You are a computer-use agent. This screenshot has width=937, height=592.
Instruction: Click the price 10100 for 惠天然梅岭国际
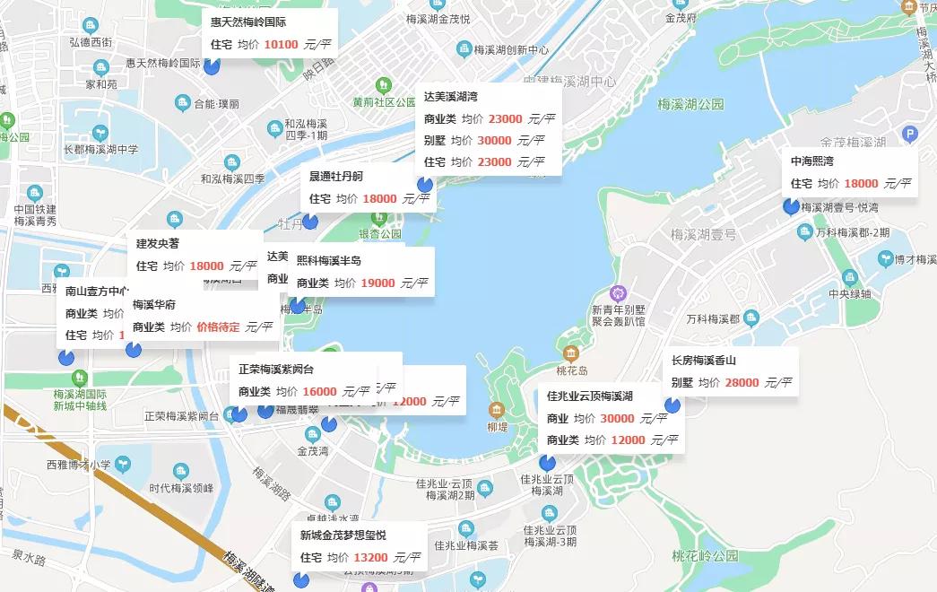pos(281,44)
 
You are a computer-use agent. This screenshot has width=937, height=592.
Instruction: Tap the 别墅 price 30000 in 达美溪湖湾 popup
pos(494,141)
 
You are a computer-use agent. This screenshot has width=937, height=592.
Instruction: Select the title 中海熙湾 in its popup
pos(811,161)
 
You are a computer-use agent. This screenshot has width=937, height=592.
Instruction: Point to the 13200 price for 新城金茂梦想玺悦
pos(370,558)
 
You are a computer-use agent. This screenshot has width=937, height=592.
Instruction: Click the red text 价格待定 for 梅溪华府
pos(218,327)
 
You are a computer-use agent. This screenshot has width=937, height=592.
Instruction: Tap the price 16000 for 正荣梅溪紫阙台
pos(319,392)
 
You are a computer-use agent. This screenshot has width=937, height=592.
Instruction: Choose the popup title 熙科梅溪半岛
pos(328,261)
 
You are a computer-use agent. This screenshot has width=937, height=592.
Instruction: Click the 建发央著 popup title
pos(158,243)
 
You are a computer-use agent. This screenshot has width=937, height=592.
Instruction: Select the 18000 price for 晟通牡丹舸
pos(379,198)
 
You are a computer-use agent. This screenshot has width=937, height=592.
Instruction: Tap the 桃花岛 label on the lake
pos(571,370)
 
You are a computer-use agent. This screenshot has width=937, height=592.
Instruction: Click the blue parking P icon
pos(910,135)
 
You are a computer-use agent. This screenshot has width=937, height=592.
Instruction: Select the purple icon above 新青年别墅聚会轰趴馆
pos(617,292)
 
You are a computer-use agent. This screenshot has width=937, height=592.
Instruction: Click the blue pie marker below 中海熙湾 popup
pos(791,207)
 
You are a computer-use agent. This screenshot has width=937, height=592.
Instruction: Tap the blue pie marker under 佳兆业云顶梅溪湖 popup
pos(547,463)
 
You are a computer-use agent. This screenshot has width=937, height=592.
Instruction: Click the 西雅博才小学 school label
pos(78,465)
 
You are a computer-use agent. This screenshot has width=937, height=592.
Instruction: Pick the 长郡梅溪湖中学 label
pos(100,150)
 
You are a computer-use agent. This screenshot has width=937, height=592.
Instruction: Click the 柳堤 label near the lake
pos(498,427)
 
